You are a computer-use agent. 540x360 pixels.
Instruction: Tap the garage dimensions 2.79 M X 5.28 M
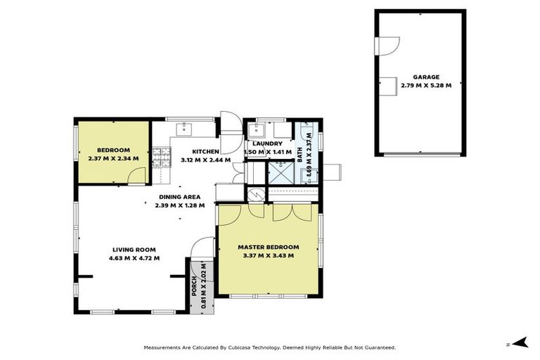(x=420, y=86)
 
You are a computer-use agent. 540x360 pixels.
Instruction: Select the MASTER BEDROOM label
(x=268, y=247)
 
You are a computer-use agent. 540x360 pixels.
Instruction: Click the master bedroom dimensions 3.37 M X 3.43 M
(x=268, y=256)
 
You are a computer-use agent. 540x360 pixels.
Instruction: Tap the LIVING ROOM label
(x=134, y=250)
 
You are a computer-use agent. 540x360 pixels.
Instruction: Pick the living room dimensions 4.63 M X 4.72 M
(x=134, y=258)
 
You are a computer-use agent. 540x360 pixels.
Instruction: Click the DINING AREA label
(x=180, y=197)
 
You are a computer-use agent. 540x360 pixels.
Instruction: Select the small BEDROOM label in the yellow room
(x=113, y=150)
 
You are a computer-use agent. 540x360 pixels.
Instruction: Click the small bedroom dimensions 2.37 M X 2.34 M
(x=113, y=159)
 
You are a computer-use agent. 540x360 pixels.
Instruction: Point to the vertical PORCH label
(x=195, y=288)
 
